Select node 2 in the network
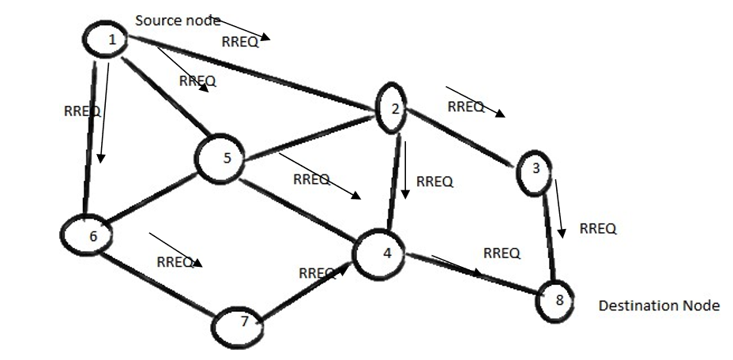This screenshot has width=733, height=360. [x=393, y=108]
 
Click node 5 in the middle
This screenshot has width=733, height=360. [x=226, y=159]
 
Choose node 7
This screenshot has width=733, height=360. [x=242, y=324]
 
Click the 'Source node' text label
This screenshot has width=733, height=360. [x=178, y=21]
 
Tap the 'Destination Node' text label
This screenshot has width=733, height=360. [x=659, y=305]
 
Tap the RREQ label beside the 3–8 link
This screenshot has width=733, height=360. [x=598, y=229]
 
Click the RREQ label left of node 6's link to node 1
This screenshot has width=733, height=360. [x=81, y=111]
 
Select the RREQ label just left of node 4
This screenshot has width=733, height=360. [x=317, y=273]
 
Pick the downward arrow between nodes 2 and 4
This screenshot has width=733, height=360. [x=405, y=170]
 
